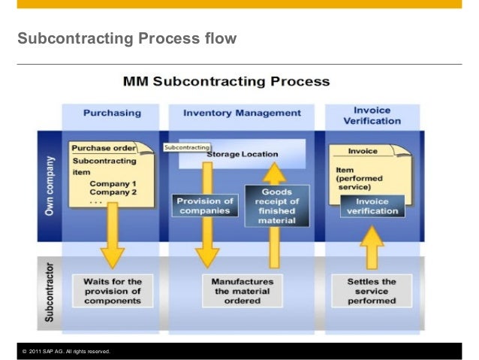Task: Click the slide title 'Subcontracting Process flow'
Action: pos(127,38)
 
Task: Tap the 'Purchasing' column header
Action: pos(112,113)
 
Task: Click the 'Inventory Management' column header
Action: pos(242,113)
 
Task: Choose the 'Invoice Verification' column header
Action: pos(372,114)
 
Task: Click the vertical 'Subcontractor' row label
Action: pos(49,292)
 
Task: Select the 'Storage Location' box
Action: pos(242,153)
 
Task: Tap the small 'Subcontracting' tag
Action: pos(186,147)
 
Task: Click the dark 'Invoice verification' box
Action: pos(372,205)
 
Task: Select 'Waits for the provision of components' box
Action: pos(112,290)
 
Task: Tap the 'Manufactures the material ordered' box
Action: pos(242,290)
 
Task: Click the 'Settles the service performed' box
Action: pos(372,290)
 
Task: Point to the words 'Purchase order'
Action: pos(104,149)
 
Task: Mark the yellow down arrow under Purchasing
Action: pos(112,237)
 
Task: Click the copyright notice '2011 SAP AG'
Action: pos(67,351)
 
